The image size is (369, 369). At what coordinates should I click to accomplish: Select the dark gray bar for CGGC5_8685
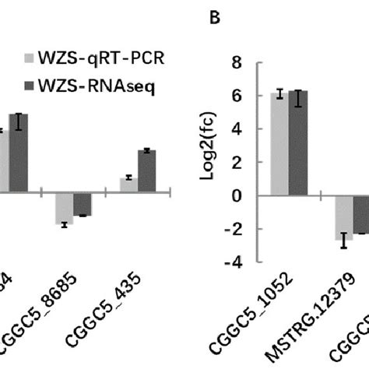click(x=83, y=204)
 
